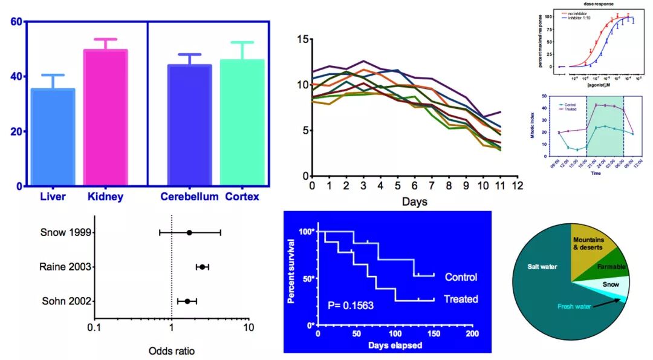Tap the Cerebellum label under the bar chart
point(189,197)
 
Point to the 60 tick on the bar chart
point(16,22)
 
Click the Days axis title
point(414,201)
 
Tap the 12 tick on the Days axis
point(517,186)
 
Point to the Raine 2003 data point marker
point(203,267)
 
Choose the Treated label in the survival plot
point(461,299)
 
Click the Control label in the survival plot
point(461,277)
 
